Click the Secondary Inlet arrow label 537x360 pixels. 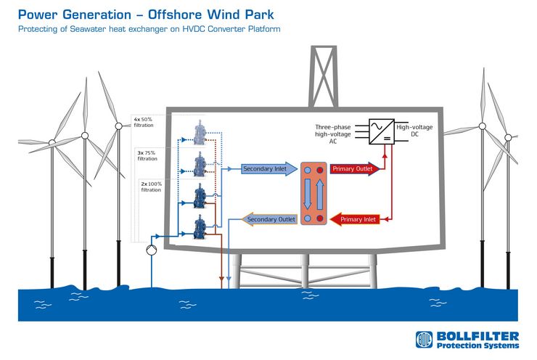pyautogui.click(x=269, y=169)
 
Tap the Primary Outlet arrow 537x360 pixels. pyautogui.click(x=355, y=169)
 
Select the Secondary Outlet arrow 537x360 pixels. pyautogui.click(x=269, y=219)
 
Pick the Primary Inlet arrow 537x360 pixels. pyautogui.click(x=355, y=219)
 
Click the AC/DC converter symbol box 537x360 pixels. pyautogui.click(x=382, y=131)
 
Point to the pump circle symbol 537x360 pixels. pyautogui.click(x=152, y=250)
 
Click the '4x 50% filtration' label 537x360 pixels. pyautogui.click(x=144, y=122)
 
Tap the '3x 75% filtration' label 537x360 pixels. pyautogui.click(x=147, y=156)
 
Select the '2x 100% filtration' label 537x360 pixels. pyautogui.click(x=152, y=187)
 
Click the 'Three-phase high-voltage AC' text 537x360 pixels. pyautogui.click(x=333, y=134)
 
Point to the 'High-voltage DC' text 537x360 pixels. pyautogui.click(x=414, y=131)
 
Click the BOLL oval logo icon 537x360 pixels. pyautogui.click(x=424, y=340)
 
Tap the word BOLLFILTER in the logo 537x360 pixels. pyautogui.click(x=477, y=336)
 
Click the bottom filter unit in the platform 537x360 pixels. pyautogui.click(x=200, y=226)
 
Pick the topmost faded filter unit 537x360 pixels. pyautogui.click(x=200, y=132)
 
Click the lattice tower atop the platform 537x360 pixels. pyautogui.click(x=324, y=76)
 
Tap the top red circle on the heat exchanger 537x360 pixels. pyautogui.click(x=320, y=170)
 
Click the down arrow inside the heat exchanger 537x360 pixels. pyautogui.click(x=308, y=194)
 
